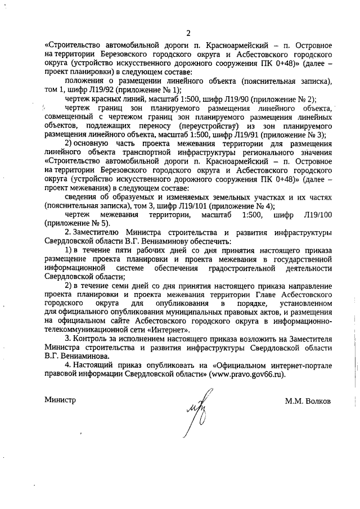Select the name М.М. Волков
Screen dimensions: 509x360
[x=308, y=400]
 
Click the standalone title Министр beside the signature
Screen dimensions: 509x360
[x=60, y=400]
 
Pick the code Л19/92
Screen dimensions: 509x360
[x=101, y=90]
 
